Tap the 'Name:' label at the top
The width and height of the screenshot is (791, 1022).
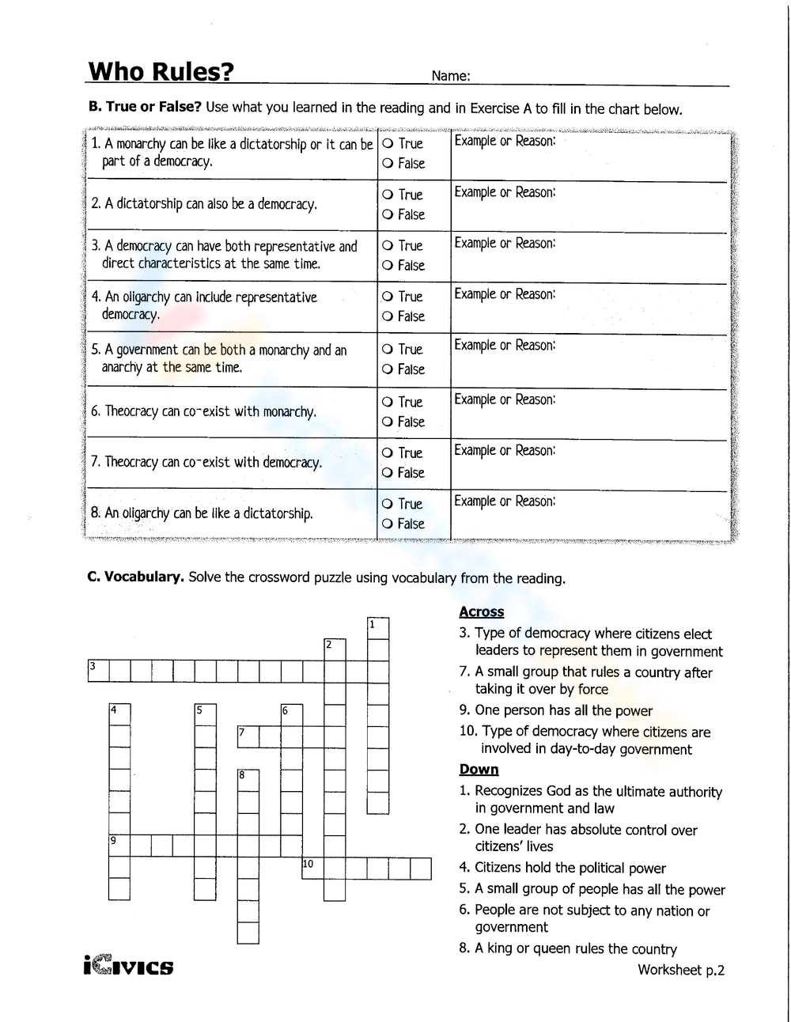(451, 77)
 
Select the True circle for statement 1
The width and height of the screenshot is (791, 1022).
(388, 144)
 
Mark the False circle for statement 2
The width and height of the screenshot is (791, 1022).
(388, 215)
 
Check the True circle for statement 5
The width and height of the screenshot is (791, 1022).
(388, 350)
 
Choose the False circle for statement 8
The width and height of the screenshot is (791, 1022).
(388, 524)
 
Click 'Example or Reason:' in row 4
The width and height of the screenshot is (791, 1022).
(505, 294)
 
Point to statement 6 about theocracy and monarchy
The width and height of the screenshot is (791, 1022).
(203, 411)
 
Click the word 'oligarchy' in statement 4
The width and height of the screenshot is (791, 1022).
(146, 297)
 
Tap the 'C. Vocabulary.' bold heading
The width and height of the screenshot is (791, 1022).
(135, 577)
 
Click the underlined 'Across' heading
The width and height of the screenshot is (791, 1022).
(481, 611)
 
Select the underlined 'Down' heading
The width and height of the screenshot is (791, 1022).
(479, 770)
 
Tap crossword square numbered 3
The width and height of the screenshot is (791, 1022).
(97, 671)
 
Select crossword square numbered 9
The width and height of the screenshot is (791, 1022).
(119, 846)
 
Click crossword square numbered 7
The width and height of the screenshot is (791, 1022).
(248, 736)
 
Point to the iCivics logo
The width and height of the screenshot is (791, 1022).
(127, 966)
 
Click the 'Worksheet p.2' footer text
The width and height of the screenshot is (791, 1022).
(681, 970)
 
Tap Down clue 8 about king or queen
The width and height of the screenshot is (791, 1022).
(568, 948)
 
